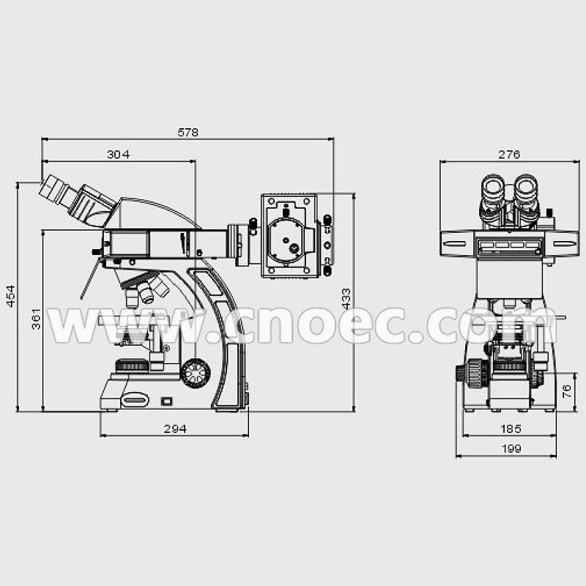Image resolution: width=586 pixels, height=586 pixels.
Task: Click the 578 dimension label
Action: click(188, 133)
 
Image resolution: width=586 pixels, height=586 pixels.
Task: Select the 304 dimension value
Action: click(118, 155)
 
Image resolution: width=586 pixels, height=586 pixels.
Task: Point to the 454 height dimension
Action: click(11, 296)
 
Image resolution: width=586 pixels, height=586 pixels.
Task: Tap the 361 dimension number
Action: click(36, 319)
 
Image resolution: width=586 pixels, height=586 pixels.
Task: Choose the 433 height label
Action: click(346, 299)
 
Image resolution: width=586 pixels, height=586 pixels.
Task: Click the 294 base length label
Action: click(175, 429)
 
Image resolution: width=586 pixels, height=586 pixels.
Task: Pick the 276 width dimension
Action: click(509, 155)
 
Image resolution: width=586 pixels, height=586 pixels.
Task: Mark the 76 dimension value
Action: click(566, 391)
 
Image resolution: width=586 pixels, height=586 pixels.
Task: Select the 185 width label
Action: click(511, 429)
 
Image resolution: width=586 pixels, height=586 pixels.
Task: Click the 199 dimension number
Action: click(511, 448)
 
